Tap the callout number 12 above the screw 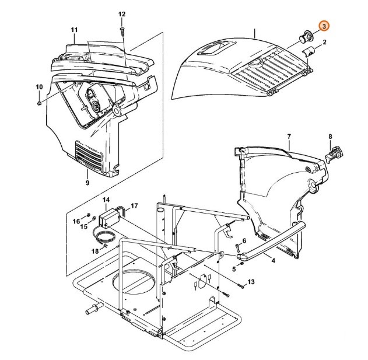122,13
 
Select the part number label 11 74,30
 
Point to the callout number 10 39,87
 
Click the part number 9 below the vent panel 87,183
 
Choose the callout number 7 288,137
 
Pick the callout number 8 330,137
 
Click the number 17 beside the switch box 134,205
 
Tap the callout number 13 251,282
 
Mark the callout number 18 95,250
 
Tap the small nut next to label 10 38,103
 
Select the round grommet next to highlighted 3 304,36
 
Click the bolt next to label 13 241,286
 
